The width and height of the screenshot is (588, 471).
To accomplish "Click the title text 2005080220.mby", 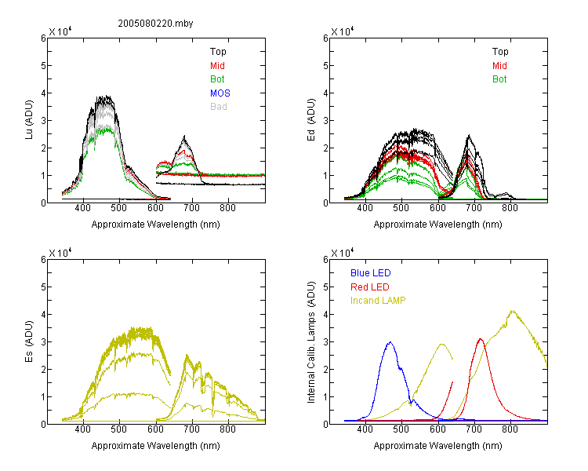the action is point(155,24).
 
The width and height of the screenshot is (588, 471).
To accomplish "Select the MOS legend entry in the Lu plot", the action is point(220,93).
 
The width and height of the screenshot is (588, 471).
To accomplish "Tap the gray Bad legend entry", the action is point(219,107).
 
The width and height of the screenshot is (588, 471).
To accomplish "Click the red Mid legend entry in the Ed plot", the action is point(499,66).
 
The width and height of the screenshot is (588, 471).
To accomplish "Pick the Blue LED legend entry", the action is point(371,273).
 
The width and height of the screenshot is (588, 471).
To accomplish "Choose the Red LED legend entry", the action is point(370,287).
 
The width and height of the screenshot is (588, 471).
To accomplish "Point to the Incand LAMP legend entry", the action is point(378,301).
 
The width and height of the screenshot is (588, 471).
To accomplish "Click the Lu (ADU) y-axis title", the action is point(29,119).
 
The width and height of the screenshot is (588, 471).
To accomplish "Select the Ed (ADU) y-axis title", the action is point(311,119).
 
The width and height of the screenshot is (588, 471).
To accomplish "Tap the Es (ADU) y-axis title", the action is point(29,341).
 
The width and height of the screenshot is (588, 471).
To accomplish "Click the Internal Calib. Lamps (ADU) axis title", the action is point(311,341).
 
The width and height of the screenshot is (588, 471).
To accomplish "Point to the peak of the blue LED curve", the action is point(390,342).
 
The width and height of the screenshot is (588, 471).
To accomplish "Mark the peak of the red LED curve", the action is point(481,339).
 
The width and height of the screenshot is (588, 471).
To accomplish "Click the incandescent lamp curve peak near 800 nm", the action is point(512,311).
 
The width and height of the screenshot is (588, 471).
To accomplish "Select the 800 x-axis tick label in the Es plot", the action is point(227,429).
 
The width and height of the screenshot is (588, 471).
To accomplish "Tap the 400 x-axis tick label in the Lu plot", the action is point(82,208).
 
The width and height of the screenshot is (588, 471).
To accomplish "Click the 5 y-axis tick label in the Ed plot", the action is point(325,66).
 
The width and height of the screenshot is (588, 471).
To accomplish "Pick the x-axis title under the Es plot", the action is point(156,446).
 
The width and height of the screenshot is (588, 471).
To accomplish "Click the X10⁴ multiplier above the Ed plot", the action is point(343,31).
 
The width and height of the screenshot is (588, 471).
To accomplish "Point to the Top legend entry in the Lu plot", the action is point(218,52).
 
